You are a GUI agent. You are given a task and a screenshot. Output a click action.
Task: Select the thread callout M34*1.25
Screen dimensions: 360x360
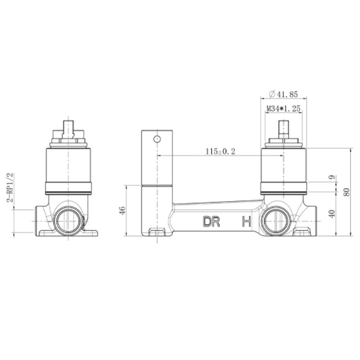click(x=283, y=108)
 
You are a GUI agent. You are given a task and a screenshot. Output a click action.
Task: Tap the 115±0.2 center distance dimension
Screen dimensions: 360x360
click(x=220, y=152)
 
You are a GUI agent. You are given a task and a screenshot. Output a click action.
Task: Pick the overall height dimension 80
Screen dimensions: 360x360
click(x=346, y=192)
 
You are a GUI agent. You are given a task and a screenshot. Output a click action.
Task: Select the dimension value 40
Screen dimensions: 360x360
click(x=332, y=213)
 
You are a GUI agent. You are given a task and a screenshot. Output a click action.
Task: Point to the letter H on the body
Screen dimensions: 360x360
click(x=246, y=222)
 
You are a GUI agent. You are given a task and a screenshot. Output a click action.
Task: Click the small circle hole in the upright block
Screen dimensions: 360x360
click(x=157, y=139)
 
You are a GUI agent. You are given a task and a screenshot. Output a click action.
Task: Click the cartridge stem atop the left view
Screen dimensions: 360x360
click(x=68, y=128)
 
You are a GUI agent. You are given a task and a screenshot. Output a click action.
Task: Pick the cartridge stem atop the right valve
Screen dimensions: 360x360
click(x=283, y=128)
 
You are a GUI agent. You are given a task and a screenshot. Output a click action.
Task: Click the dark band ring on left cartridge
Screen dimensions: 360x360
click(x=68, y=188)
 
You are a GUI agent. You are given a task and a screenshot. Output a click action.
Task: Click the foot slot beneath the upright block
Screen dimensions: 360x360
click(x=157, y=232)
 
